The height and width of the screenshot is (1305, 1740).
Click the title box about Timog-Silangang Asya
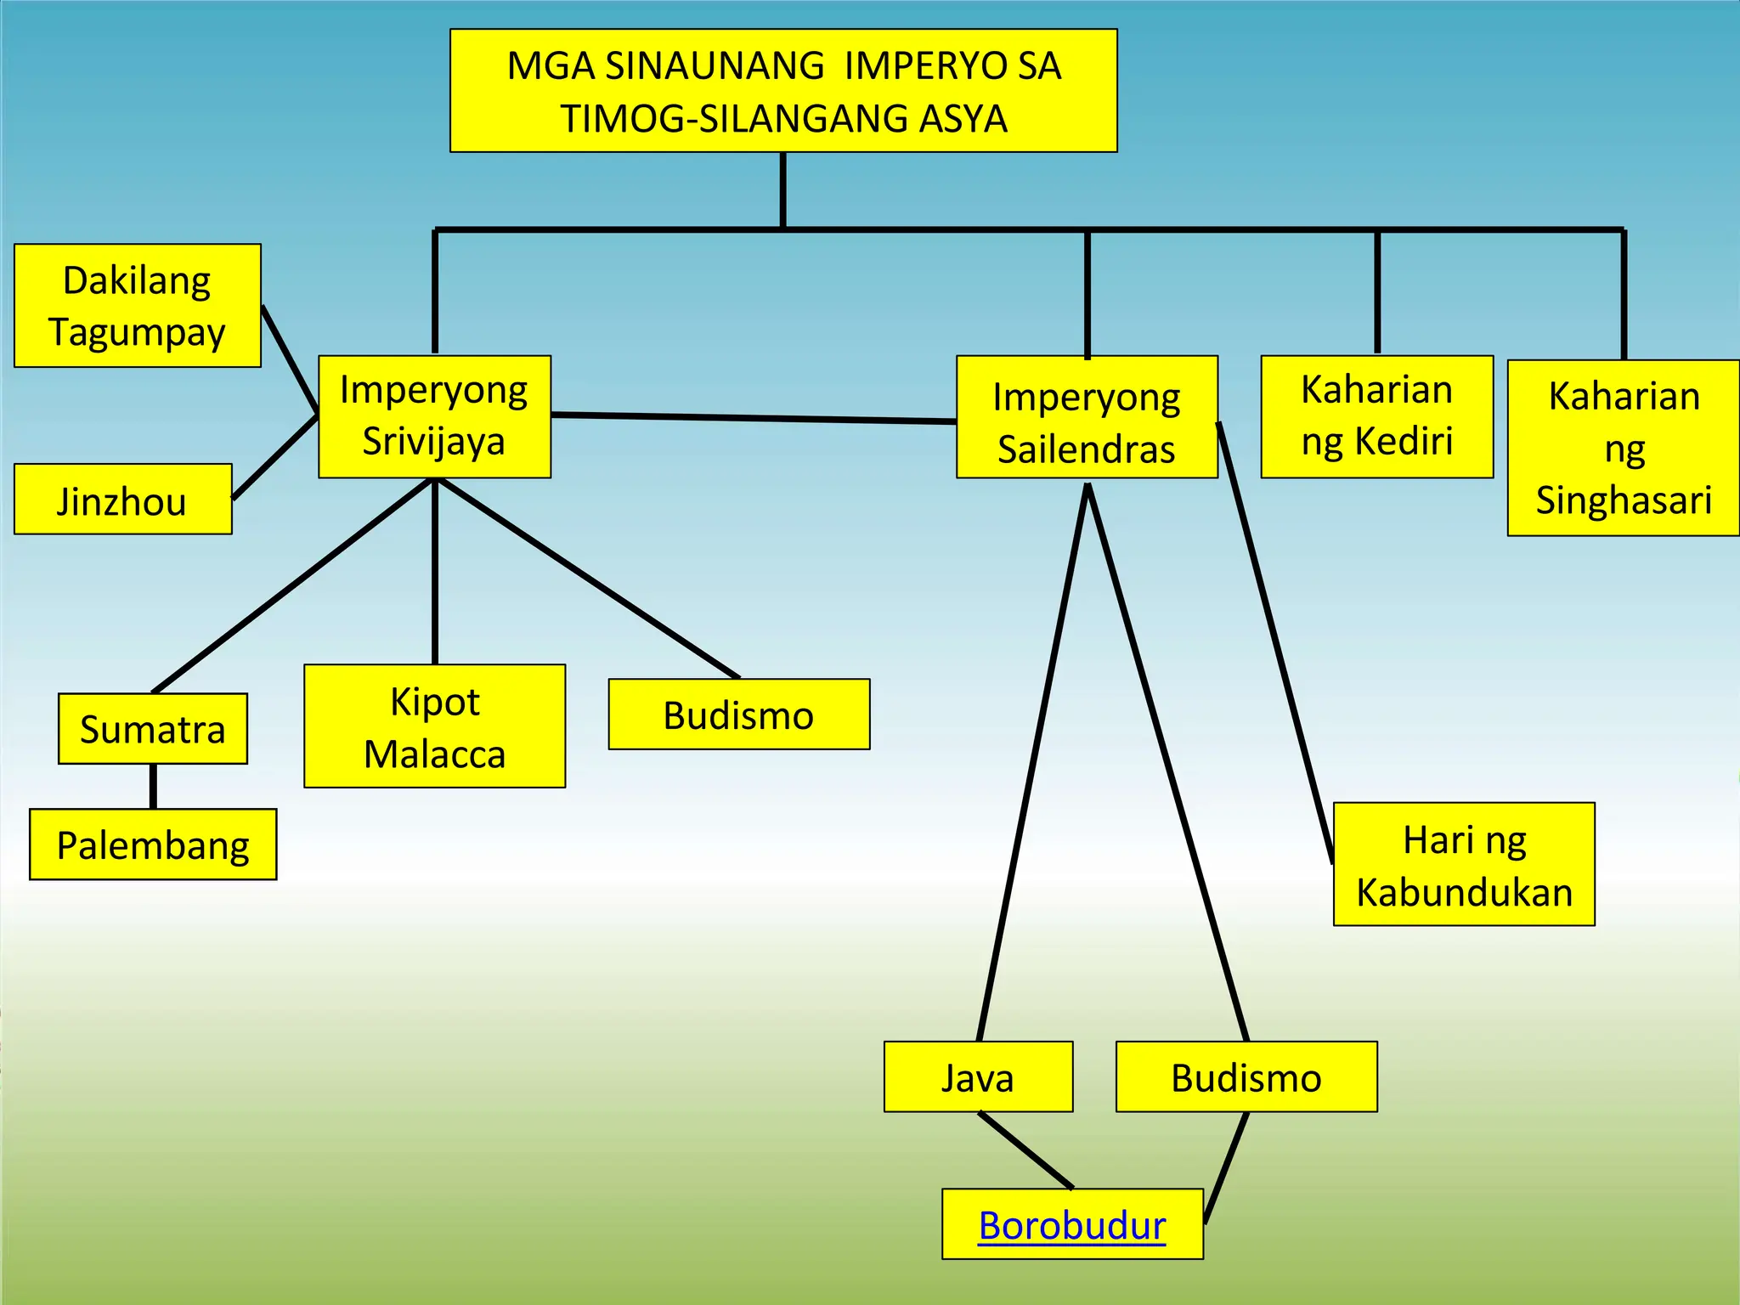click(x=783, y=91)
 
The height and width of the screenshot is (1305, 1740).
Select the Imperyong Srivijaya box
click(x=434, y=416)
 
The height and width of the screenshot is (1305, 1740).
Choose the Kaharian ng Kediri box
click(x=1376, y=416)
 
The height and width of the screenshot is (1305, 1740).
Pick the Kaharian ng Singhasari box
click(x=1623, y=448)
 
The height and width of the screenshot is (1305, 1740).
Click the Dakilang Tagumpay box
click(x=138, y=306)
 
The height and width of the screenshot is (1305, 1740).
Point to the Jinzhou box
click(x=123, y=500)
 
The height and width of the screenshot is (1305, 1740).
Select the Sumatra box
click(x=153, y=729)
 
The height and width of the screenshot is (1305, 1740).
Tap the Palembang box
click(x=153, y=845)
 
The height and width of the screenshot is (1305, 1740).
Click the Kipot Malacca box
click(x=434, y=726)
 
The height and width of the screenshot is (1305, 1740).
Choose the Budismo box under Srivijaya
click(x=738, y=715)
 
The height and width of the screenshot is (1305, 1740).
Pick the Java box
click(x=978, y=1076)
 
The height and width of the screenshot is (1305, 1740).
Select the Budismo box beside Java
click(x=1246, y=1076)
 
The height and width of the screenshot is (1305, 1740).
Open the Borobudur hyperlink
click(x=1072, y=1225)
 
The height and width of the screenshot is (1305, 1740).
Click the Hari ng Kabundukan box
click(x=1464, y=864)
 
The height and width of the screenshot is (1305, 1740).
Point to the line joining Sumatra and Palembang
click(x=153, y=787)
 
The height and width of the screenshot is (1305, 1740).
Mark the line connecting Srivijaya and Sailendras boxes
click(x=754, y=417)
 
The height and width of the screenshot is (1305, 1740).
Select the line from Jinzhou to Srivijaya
click(x=274, y=457)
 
